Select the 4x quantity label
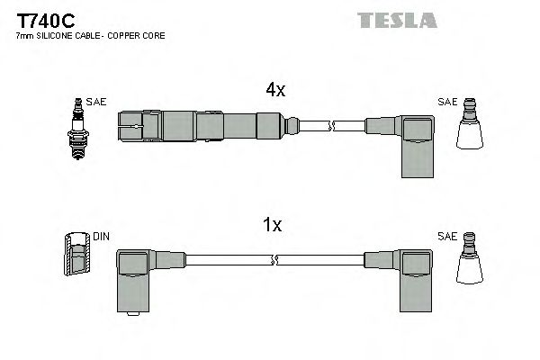tap(274, 90)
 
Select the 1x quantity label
tap(273, 226)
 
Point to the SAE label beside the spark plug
tap(97, 102)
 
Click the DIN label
tap(101, 237)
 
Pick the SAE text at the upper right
tap(446, 101)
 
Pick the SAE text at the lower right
tap(446, 236)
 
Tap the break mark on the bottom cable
tap(274, 261)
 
